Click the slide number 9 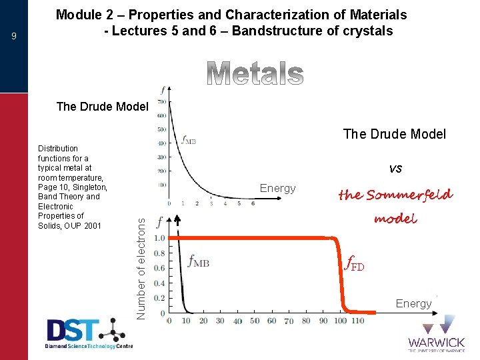14,37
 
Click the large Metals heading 255,74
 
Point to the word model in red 395,219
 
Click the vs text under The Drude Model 395,169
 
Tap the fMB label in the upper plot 189,140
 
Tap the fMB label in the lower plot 199,262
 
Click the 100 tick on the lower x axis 341,321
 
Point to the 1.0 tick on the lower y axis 160,238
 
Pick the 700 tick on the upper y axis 161,102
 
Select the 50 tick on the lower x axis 254,321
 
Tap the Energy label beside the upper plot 277,189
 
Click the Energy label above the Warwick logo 413,303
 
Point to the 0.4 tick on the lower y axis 160,283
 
